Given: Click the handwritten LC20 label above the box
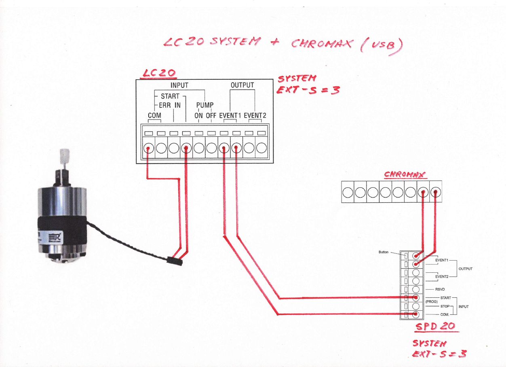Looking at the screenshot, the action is (159, 73).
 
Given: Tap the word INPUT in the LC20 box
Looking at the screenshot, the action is (179, 85).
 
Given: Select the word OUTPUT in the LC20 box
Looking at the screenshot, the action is (242, 85).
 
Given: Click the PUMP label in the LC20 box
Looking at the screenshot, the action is (205, 105).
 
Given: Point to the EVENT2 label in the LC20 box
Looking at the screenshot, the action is (255, 115).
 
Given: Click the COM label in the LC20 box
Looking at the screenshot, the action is (154, 115).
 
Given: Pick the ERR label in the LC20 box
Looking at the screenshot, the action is (165, 105).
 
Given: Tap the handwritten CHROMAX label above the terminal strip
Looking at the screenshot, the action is (405, 174).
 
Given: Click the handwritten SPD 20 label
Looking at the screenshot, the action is (435, 326).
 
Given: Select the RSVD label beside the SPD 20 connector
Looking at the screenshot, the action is (440, 289).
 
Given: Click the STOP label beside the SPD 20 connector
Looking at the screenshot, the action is (445, 306).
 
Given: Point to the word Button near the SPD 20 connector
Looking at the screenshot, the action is (384, 252).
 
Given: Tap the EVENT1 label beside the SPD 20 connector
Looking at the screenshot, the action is (442, 260).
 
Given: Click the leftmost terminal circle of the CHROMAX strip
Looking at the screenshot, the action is (348, 193).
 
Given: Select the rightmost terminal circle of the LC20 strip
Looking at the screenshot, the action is (261, 148).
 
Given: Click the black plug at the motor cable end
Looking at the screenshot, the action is (175, 261).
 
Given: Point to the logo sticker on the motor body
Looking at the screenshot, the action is (55, 238).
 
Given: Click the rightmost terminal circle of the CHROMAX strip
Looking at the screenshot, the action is (436, 193).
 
